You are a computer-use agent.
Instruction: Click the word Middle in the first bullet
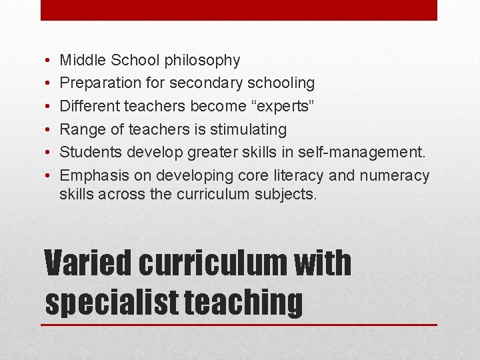tap(79, 60)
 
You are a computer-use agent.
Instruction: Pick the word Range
tap(79, 129)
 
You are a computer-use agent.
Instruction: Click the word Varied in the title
tap(89, 263)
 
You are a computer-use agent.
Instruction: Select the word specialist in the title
tap(111, 301)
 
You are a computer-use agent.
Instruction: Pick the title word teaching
tap(243, 301)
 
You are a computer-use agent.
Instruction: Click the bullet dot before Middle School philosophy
tap(51, 61)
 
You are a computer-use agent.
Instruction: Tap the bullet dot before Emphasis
tap(51, 176)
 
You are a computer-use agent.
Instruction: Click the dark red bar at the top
tap(239, 10)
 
